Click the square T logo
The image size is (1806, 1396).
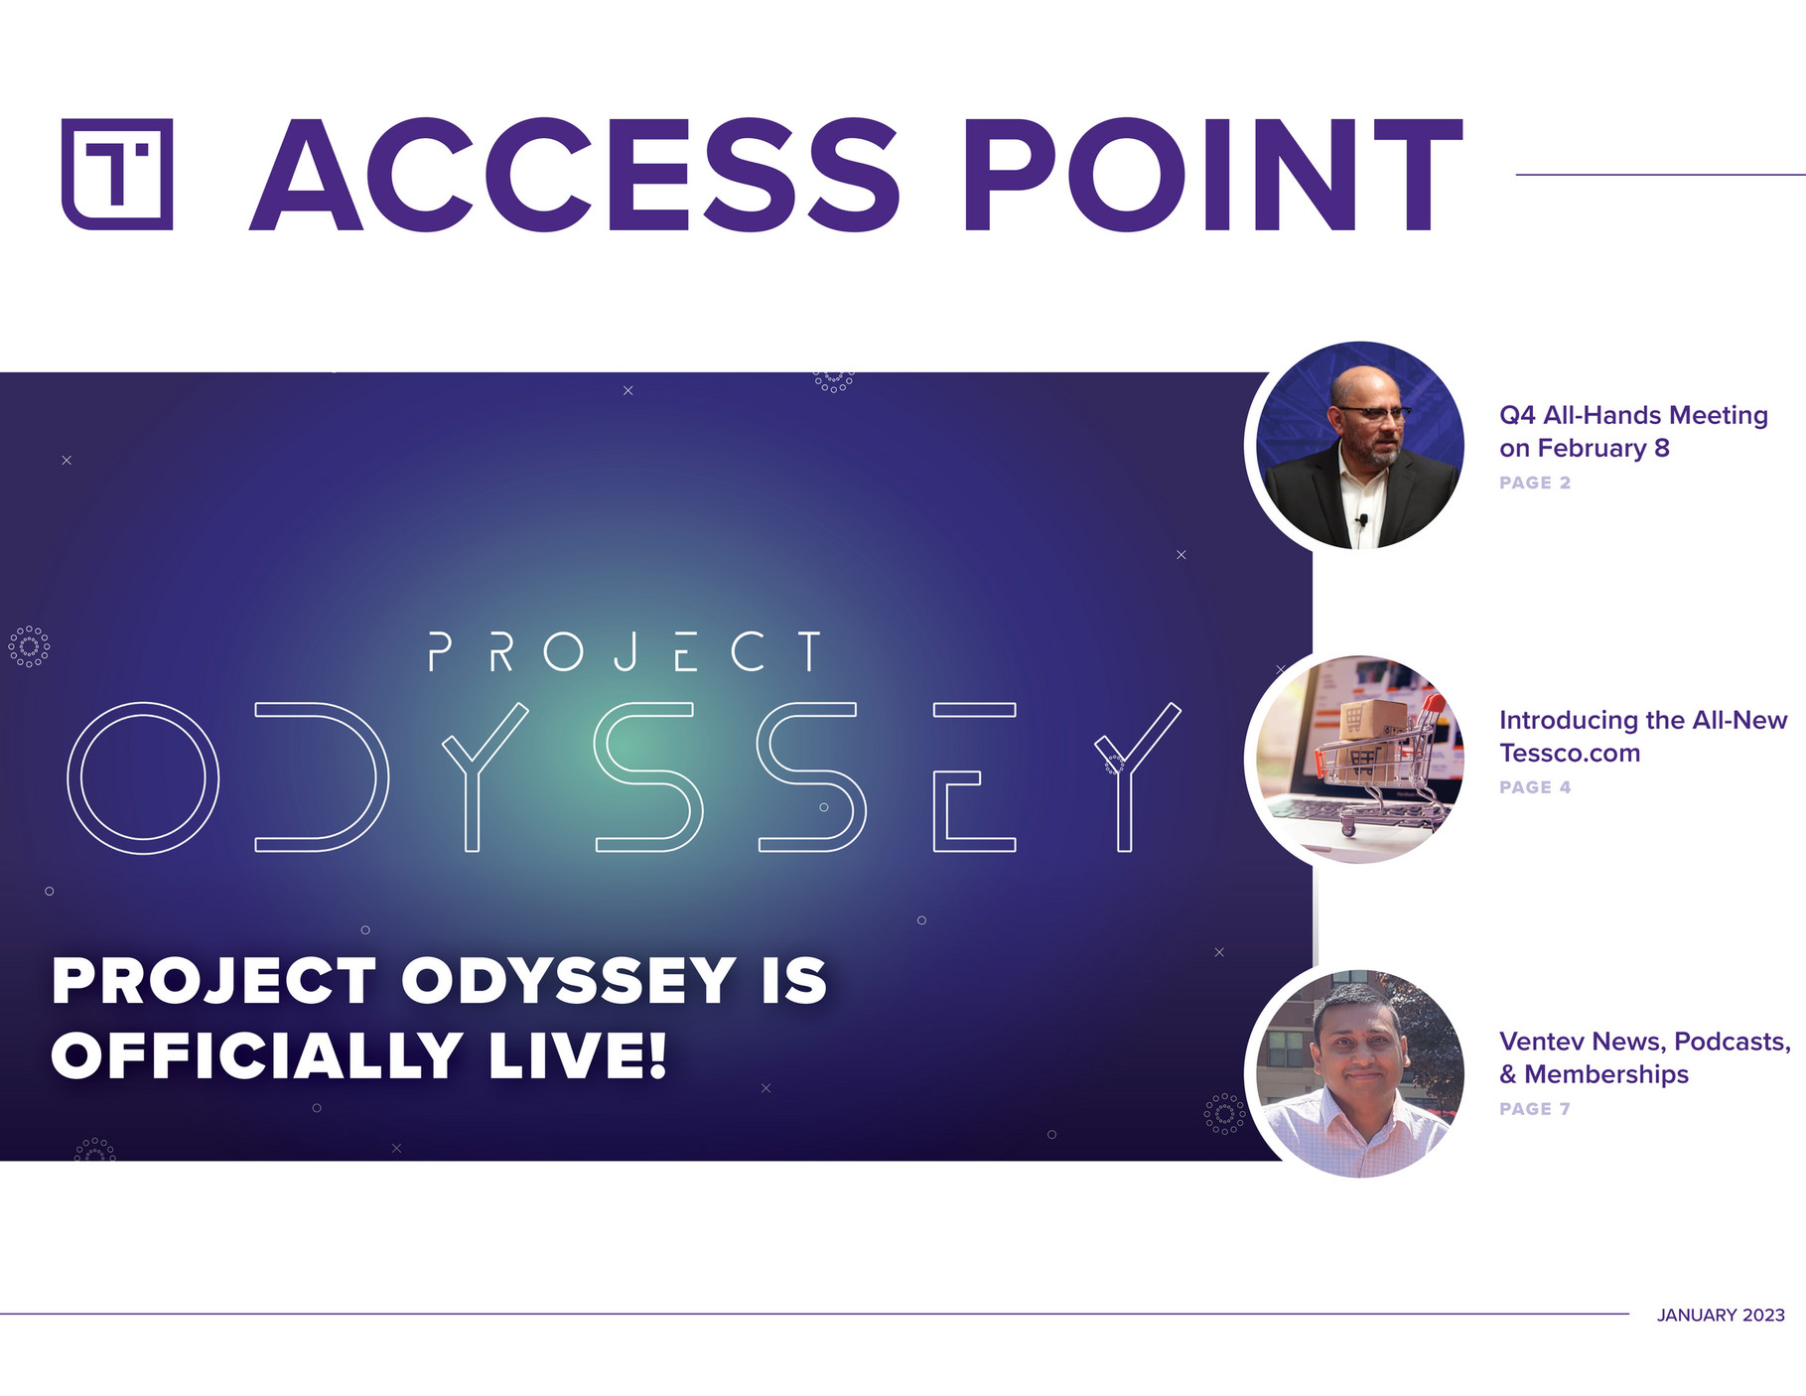[x=117, y=175]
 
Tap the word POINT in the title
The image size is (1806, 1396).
[x=1213, y=175]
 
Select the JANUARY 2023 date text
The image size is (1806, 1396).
[x=1721, y=1315]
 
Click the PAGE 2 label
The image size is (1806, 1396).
[x=1535, y=483]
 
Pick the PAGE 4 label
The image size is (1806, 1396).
[x=1535, y=787]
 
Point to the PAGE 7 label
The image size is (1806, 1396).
[x=1535, y=1109]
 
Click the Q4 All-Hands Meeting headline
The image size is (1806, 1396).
[x=1633, y=432]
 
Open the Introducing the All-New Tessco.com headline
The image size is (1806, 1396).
[x=1643, y=737]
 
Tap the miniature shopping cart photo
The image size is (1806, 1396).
[x=1359, y=760]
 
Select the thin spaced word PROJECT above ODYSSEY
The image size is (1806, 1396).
[x=625, y=652]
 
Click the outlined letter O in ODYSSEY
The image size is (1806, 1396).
[x=143, y=778]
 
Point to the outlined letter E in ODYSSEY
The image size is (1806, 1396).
[x=974, y=777]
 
